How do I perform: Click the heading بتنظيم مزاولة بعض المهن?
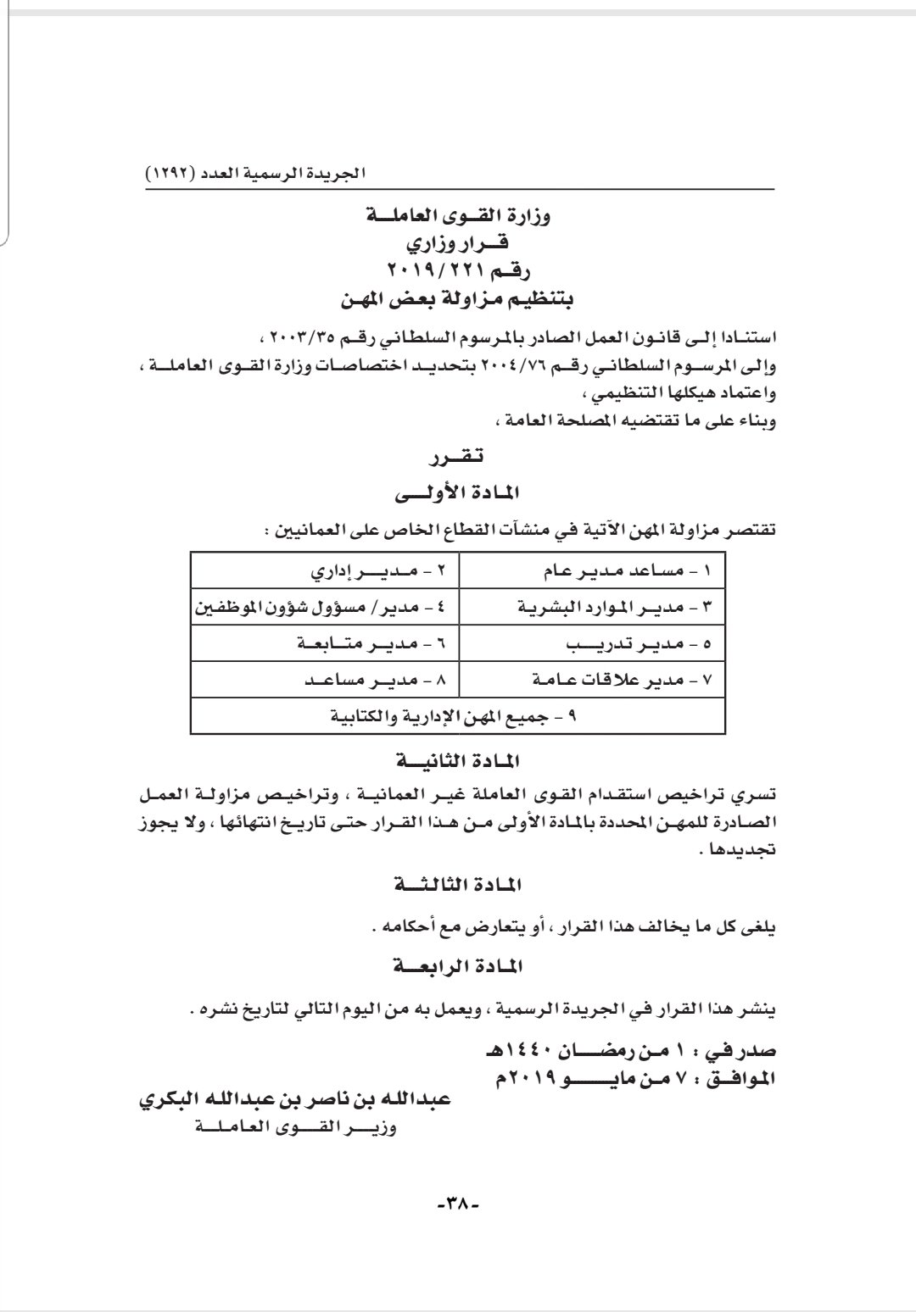tap(457, 298)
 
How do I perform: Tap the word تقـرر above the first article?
tap(458, 458)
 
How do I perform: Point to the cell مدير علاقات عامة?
tap(607, 681)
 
